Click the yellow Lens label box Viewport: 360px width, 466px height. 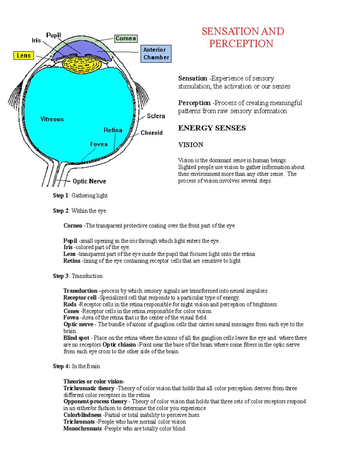[23, 56]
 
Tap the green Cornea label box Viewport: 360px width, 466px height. [126, 38]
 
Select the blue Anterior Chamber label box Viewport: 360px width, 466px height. [156, 54]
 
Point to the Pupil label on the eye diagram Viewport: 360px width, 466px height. [53, 35]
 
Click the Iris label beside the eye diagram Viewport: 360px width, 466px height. [36, 40]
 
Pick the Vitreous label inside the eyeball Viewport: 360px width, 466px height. [52, 119]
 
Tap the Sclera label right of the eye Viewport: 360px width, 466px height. [156, 116]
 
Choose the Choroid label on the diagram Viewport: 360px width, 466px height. [151, 133]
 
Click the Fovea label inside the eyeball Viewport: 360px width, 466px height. [99, 144]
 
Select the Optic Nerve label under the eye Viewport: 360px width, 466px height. [89, 181]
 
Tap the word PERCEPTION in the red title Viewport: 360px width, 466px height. [241, 44]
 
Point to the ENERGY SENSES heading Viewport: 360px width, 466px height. [212, 128]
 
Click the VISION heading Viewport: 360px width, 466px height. [190, 145]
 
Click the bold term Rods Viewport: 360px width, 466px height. [70, 305]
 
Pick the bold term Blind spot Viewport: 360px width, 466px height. [76, 338]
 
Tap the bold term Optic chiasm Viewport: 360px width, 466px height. [119, 345]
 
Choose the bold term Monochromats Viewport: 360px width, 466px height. [82, 428]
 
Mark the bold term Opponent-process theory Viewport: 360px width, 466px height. [95, 401]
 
